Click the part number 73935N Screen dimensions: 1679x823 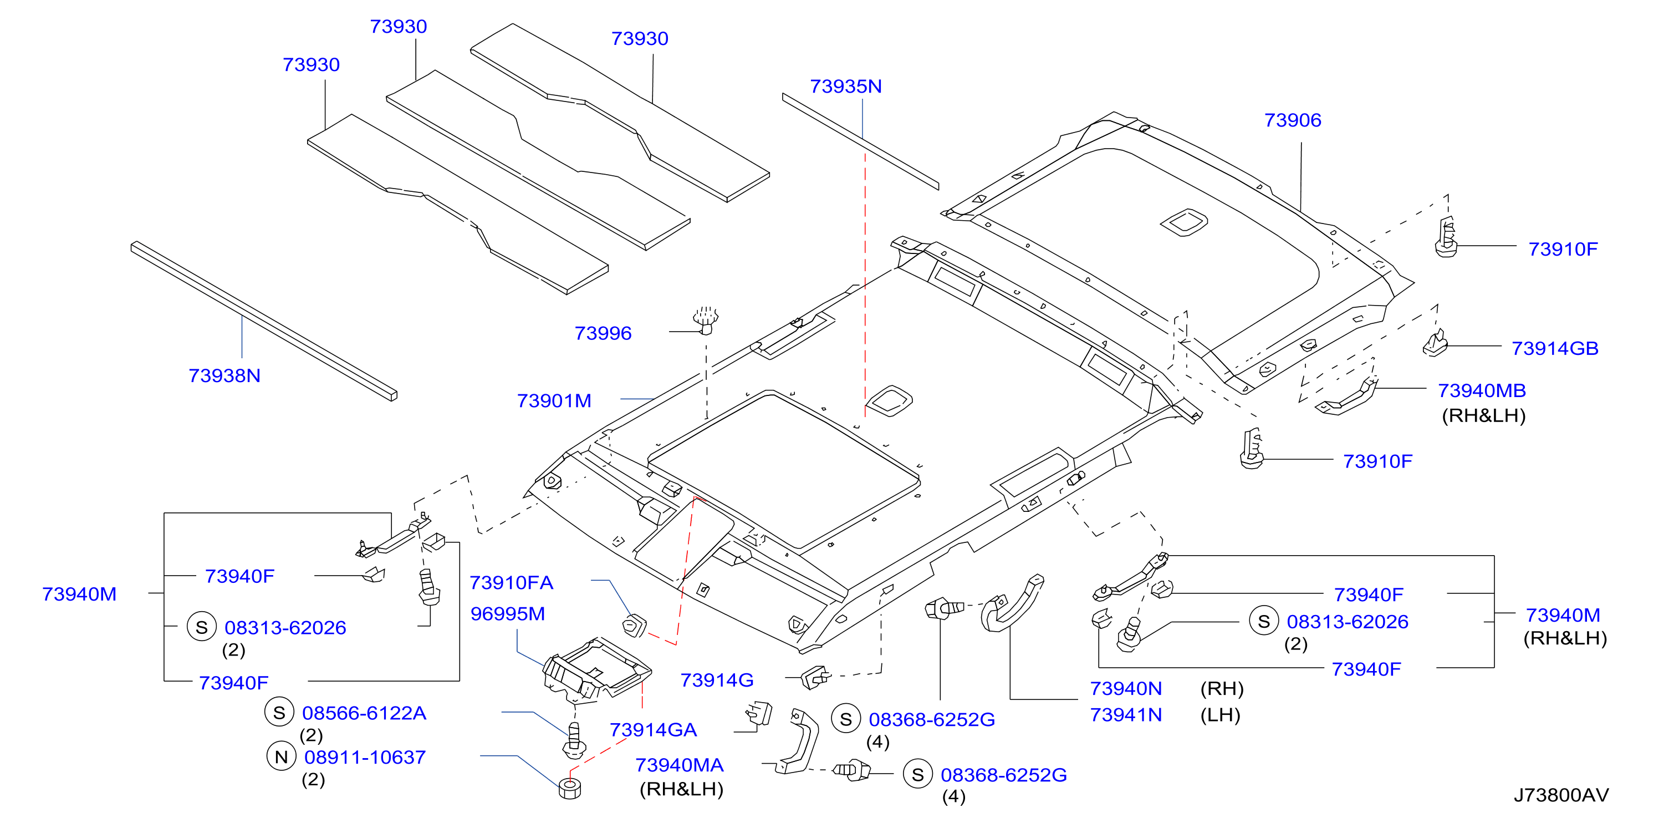click(x=845, y=86)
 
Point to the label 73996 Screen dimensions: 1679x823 click(x=603, y=333)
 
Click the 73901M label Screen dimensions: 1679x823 click(x=554, y=400)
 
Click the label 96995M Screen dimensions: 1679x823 click(x=508, y=614)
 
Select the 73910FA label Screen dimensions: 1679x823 click(x=511, y=582)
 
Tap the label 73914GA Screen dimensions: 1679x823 click(x=653, y=730)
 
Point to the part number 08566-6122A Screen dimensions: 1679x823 click(x=364, y=713)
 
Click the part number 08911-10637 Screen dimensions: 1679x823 click(x=365, y=757)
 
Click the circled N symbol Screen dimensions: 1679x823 click(x=281, y=756)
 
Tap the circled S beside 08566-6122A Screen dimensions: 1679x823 click(x=279, y=712)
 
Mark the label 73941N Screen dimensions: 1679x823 click(x=1126, y=715)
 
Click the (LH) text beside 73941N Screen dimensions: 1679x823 click(x=1220, y=715)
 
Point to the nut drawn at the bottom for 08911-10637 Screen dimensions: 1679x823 click(x=570, y=789)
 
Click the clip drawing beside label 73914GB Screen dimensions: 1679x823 click(x=1435, y=344)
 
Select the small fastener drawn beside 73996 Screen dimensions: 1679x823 click(x=705, y=319)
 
